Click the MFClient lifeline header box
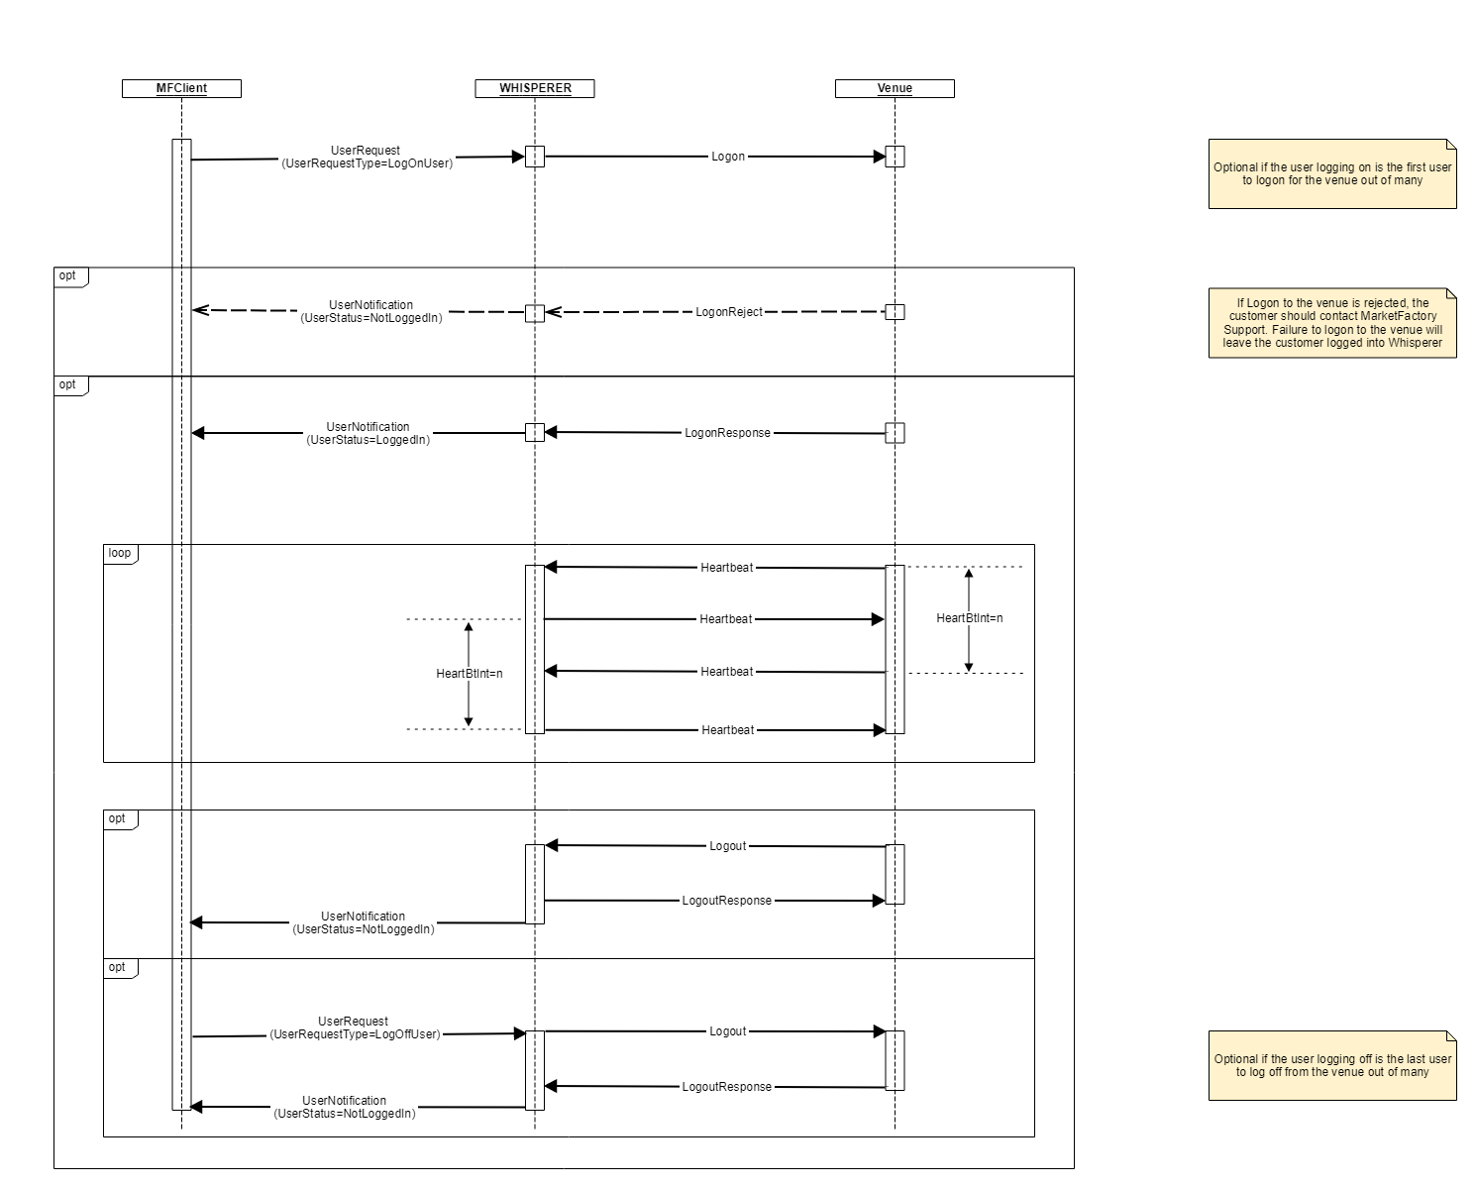pyautogui.click(x=181, y=88)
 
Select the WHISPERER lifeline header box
pyautogui.click(x=535, y=88)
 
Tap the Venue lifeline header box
pyautogui.click(x=895, y=88)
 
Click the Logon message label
pyautogui.click(x=728, y=157)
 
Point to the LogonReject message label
pyautogui.click(x=729, y=311)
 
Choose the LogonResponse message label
pyautogui.click(x=727, y=433)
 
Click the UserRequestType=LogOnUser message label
pyautogui.click(x=367, y=158)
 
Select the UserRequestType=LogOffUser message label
pyautogui.click(x=354, y=1027)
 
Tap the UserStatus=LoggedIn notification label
pyautogui.click(x=368, y=433)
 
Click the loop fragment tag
pyautogui.click(x=120, y=553)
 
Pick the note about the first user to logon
pyautogui.click(x=1332, y=174)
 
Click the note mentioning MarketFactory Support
pyautogui.click(x=1332, y=323)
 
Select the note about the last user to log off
pyautogui.click(x=1332, y=1065)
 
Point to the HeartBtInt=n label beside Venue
pyautogui.click(x=970, y=618)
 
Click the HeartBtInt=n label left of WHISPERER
pyautogui.click(x=470, y=674)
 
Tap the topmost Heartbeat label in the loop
pyautogui.click(x=727, y=568)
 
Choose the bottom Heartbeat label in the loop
pyautogui.click(x=728, y=730)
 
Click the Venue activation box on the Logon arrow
pyautogui.click(x=896, y=157)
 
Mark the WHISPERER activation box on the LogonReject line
pyautogui.click(x=535, y=313)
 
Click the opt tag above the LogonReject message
pyautogui.click(x=68, y=275)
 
